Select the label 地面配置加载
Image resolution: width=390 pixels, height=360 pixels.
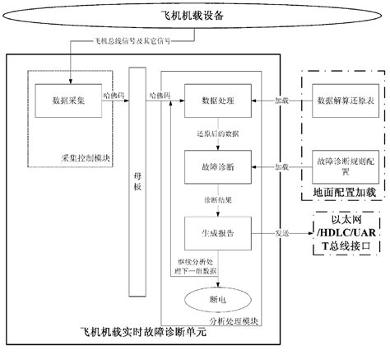pos(343,192)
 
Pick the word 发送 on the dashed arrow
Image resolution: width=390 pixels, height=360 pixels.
pos(282,233)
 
